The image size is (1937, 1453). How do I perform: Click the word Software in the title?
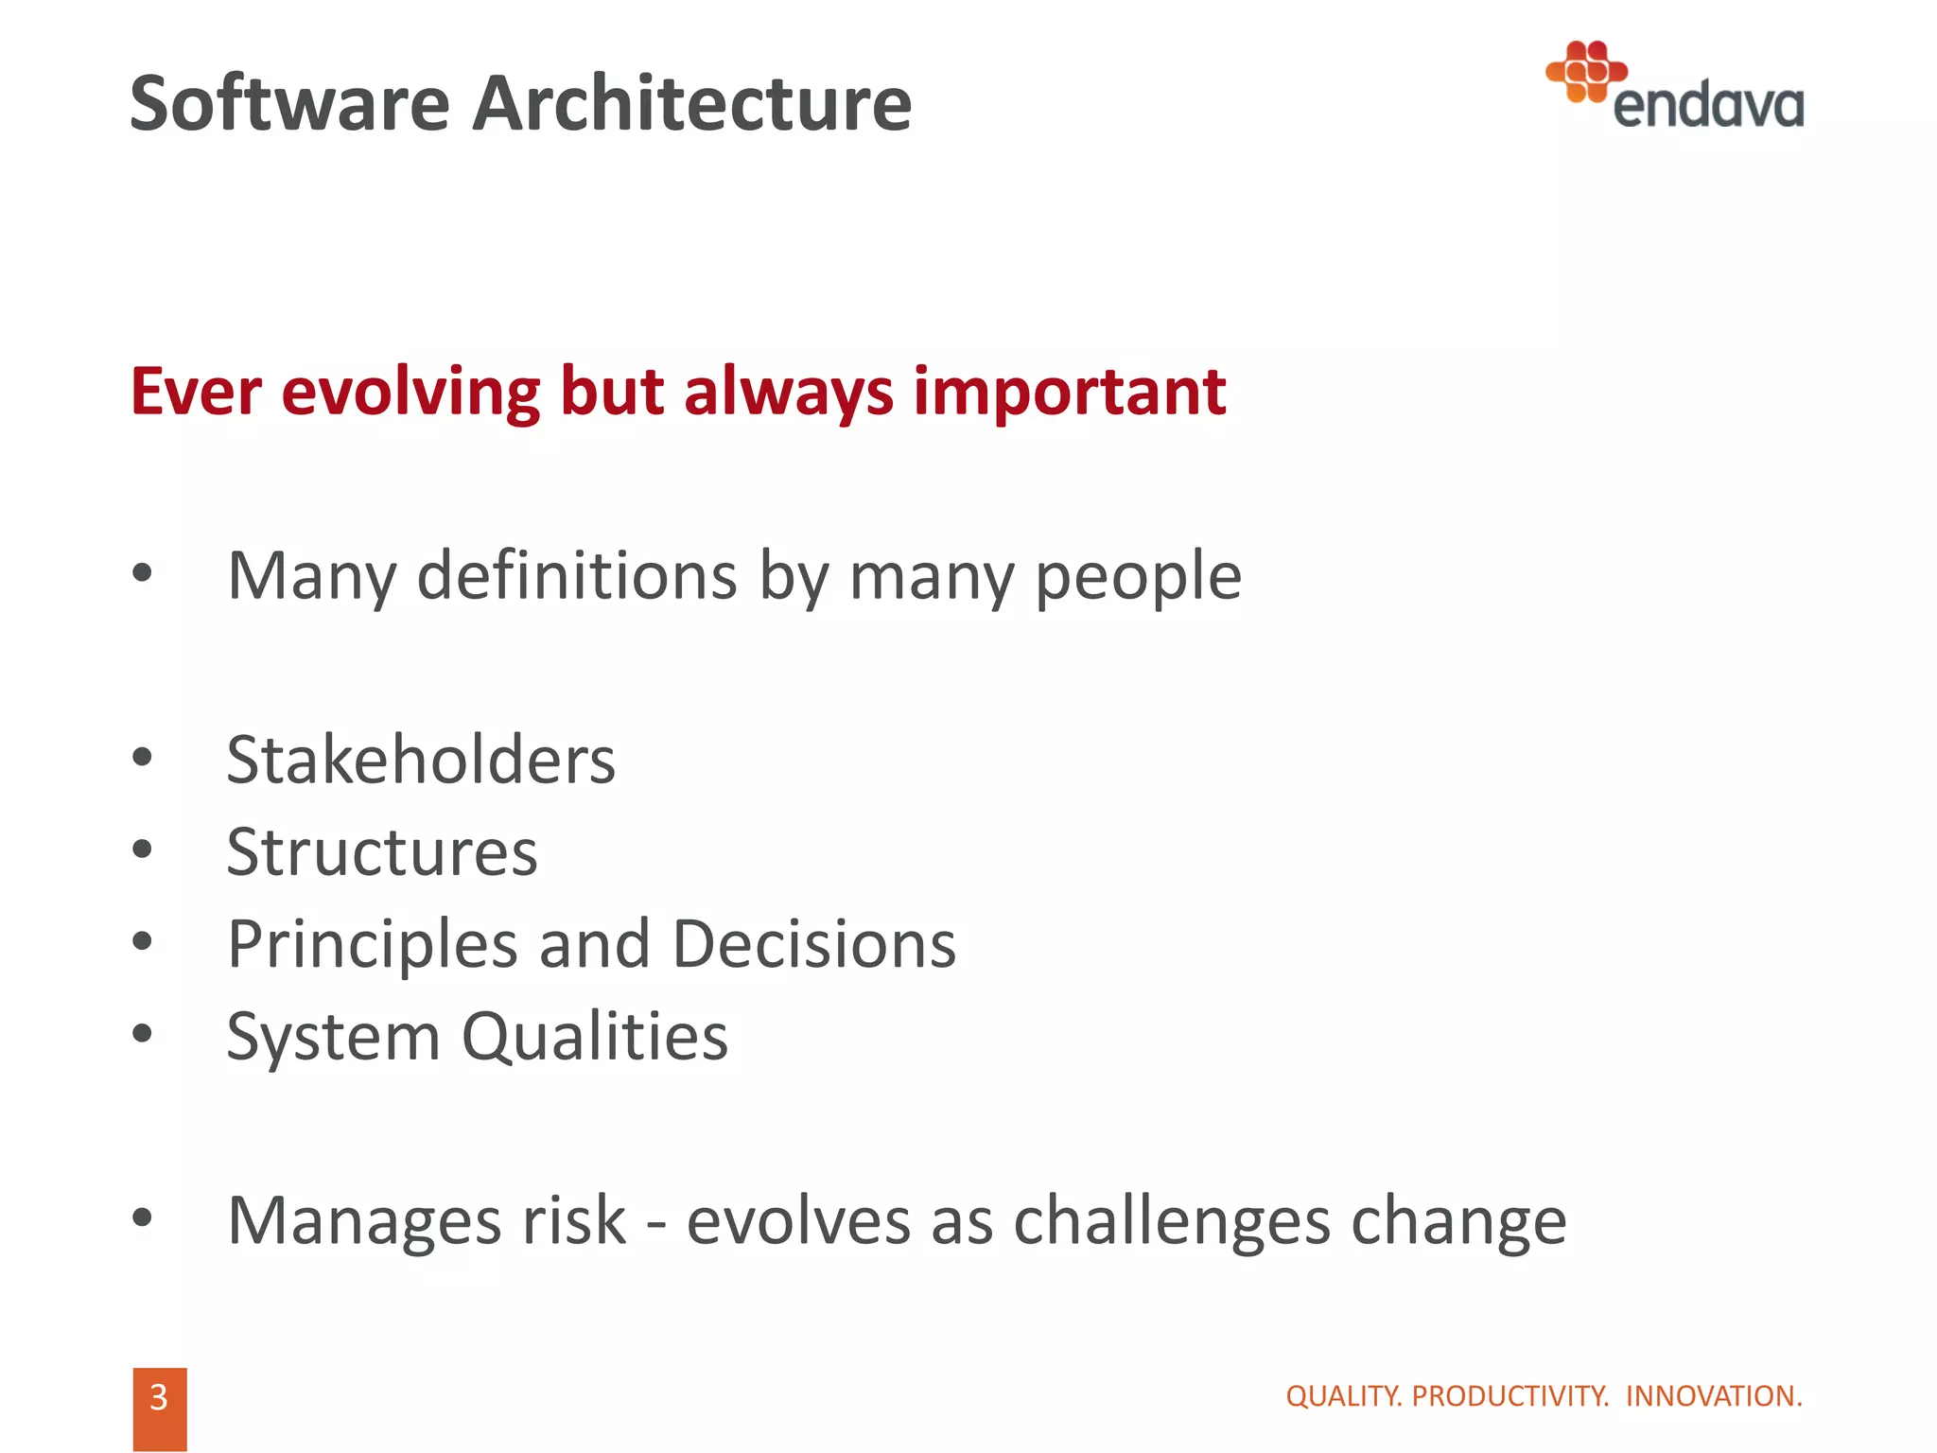pyautogui.click(x=289, y=104)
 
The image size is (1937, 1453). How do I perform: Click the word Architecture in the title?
pyautogui.click(x=691, y=104)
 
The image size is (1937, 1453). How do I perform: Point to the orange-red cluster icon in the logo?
pyautogui.click(x=1586, y=71)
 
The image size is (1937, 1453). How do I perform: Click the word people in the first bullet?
pyautogui.click(x=1138, y=577)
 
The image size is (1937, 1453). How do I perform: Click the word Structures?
pyautogui.click(x=382, y=852)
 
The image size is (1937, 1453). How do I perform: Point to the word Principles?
pyautogui.click(x=373, y=945)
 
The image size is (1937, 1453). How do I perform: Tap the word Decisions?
pyautogui.click(x=814, y=945)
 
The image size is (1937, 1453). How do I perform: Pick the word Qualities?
pyautogui.click(x=595, y=1037)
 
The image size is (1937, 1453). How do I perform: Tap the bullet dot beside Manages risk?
pyautogui.click(x=142, y=1218)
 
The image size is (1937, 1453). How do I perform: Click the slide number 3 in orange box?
pyautogui.click(x=159, y=1398)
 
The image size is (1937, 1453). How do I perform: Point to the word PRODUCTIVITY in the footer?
pyautogui.click(x=1509, y=1396)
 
